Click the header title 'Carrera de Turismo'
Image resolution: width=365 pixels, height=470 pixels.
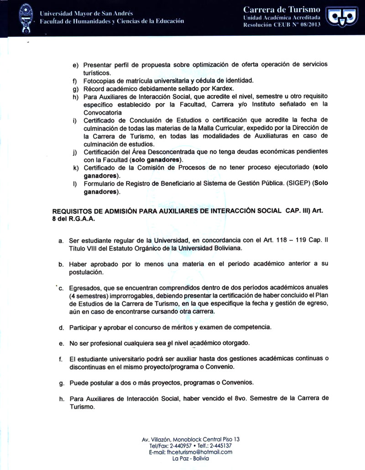(x=282, y=10)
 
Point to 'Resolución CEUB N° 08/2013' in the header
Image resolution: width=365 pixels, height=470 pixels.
(x=282, y=24)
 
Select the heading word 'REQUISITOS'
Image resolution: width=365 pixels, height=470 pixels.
(x=74, y=211)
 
